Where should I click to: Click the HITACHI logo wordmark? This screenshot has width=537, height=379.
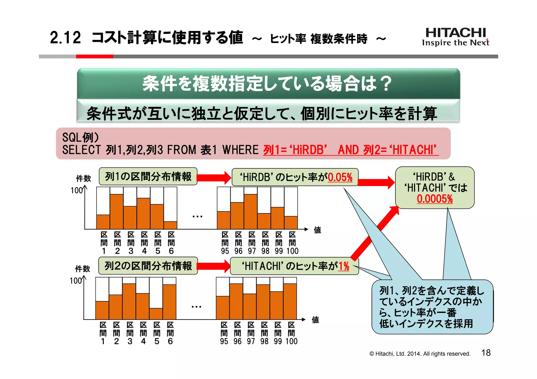(x=456, y=33)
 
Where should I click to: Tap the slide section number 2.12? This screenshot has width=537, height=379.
(x=65, y=38)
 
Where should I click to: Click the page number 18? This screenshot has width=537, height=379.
(x=486, y=353)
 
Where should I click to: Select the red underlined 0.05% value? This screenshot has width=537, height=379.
(x=340, y=177)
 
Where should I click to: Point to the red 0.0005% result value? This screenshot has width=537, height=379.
(x=435, y=199)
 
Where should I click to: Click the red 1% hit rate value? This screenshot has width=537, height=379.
(x=344, y=266)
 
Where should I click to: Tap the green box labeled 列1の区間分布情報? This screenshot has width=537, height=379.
(x=148, y=177)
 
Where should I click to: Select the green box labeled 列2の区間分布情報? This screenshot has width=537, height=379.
(x=148, y=266)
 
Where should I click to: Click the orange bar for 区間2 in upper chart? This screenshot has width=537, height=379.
(x=117, y=212)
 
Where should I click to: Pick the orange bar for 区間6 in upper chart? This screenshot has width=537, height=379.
(x=170, y=225)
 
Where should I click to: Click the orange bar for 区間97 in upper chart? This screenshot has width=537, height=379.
(x=250, y=212)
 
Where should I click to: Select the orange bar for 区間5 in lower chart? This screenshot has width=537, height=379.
(x=156, y=314)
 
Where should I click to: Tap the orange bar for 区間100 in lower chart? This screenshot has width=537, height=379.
(x=290, y=301)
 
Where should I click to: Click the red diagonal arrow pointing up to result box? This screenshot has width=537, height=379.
(x=375, y=233)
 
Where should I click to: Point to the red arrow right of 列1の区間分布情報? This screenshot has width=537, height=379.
(x=214, y=177)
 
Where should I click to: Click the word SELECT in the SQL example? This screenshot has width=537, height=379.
(x=81, y=150)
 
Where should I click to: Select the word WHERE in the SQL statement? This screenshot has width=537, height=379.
(x=240, y=150)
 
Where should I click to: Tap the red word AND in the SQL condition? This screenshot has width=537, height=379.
(x=348, y=150)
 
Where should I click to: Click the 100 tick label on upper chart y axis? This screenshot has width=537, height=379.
(x=77, y=190)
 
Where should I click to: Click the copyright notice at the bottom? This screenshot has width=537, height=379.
(x=420, y=354)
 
